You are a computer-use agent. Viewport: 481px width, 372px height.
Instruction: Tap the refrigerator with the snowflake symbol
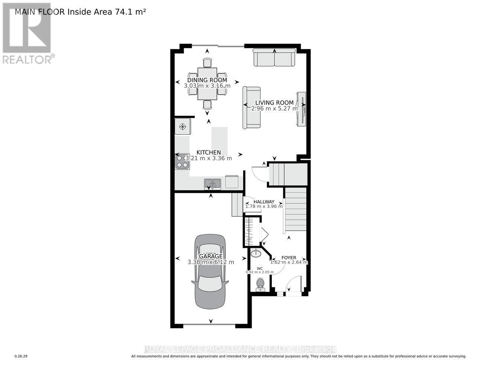click(x=183, y=126)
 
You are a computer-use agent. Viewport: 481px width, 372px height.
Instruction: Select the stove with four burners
click(x=182, y=161)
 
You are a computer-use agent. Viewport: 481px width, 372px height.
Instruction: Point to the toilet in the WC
click(x=260, y=283)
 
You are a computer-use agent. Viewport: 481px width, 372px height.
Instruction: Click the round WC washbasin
click(x=256, y=254)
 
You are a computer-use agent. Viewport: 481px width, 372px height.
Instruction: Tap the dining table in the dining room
click(x=207, y=84)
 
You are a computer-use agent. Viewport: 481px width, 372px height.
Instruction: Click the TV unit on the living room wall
click(x=301, y=109)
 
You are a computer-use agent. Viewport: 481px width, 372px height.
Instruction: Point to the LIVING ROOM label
click(x=274, y=103)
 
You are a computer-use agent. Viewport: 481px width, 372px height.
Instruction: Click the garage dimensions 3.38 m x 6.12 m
click(x=211, y=262)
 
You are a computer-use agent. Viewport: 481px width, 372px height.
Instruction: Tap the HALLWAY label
click(x=264, y=202)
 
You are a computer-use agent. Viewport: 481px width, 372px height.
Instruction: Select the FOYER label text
click(x=289, y=257)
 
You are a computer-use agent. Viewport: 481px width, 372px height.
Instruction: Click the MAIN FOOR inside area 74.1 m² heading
click(x=80, y=12)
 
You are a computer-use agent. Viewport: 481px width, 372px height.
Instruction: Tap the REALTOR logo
click(x=27, y=33)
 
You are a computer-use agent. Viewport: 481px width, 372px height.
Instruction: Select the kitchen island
click(x=219, y=142)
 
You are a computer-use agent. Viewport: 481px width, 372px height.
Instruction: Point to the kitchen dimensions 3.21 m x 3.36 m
click(x=209, y=158)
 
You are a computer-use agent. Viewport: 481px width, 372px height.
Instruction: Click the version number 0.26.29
click(x=21, y=356)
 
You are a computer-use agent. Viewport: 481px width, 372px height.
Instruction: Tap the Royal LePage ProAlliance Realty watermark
click(x=240, y=349)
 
